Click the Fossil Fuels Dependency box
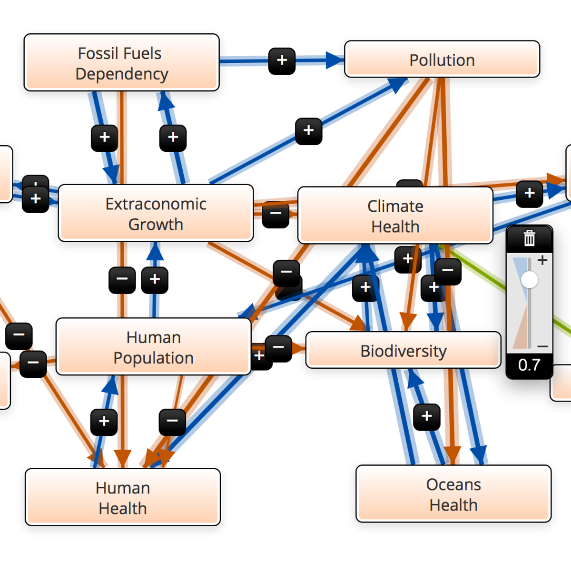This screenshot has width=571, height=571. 121,62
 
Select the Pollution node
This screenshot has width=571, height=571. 442,59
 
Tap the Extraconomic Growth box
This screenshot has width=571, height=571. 156,213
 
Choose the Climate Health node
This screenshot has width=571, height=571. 395,216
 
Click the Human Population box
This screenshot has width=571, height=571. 153,347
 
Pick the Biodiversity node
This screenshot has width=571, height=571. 403,351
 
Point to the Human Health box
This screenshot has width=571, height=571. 122,497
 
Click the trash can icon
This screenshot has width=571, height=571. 529,238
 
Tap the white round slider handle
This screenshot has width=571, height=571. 529,279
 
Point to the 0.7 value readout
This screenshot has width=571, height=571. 529,365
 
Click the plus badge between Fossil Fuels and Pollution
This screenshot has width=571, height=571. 282,60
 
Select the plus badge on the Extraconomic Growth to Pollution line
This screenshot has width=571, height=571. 308,131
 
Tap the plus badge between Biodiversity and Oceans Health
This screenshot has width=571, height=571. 427,416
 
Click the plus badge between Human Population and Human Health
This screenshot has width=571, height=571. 104,422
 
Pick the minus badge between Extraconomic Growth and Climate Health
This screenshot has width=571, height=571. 276,214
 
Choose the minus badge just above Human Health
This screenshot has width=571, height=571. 172,422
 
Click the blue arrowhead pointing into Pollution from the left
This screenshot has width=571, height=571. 335,60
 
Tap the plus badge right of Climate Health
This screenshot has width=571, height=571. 529,194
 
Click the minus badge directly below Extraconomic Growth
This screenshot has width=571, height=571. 122,280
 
